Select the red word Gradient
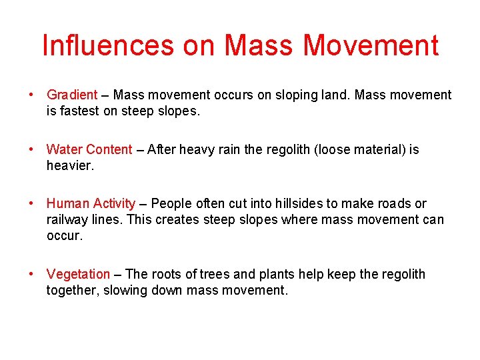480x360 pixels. [x=72, y=95]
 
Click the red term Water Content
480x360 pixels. [x=89, y=149]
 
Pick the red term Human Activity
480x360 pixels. [x=91, y=203]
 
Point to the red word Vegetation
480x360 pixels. [x=78, y=274]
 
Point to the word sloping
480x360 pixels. [x=297, y=95]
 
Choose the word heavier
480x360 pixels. [x=69, y=165]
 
